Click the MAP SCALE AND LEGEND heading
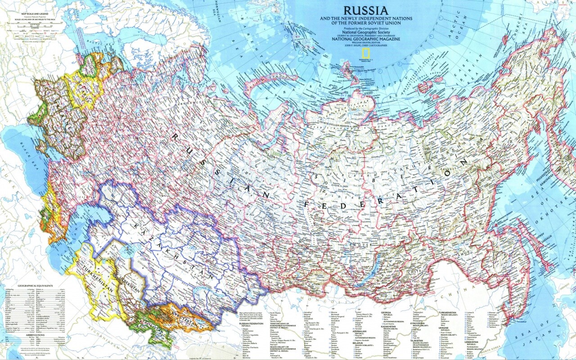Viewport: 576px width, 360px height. (x=28, y=15)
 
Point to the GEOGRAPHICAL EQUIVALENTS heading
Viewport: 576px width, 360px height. (x=35, y=285)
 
